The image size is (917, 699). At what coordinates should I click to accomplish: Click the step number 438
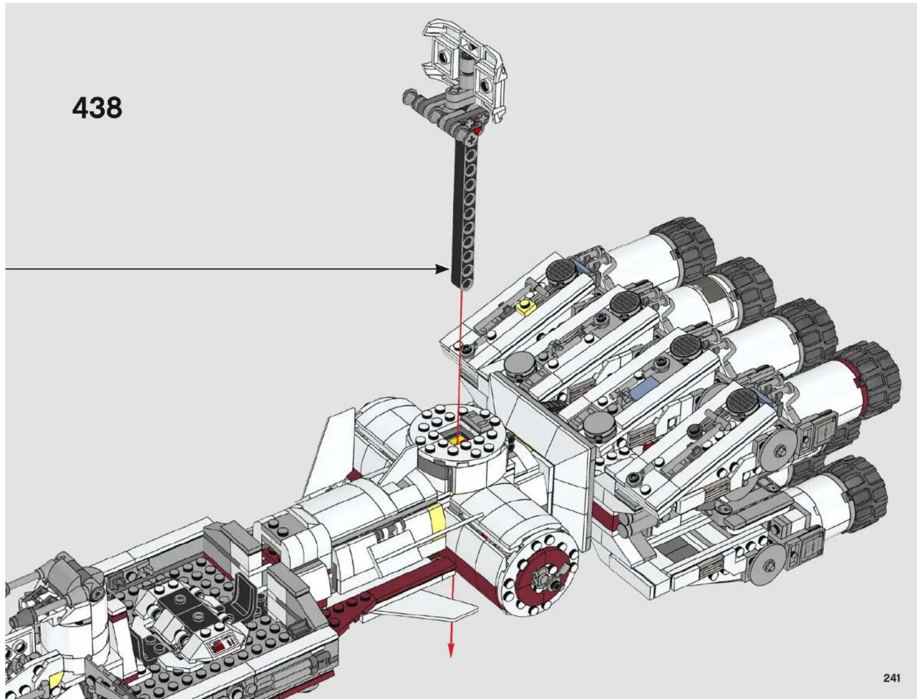coord(97,108)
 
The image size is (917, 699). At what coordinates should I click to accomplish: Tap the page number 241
coord(891,678)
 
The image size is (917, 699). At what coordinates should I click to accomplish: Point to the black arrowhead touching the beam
coord(443,269)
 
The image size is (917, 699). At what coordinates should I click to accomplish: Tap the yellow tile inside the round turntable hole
coord(457,440)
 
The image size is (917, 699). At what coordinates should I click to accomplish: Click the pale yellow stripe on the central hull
coord(436,517)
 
